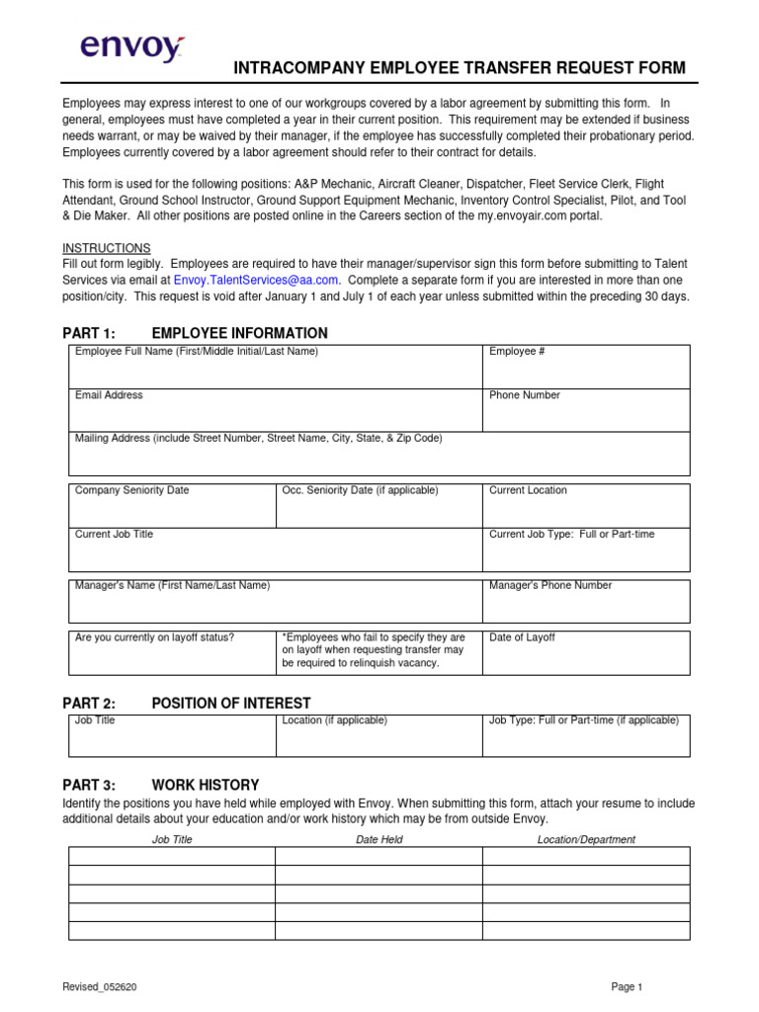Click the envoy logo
pyautogui.click(x=131, y=47)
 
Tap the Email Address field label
pyautogui.click(x=109, y=395)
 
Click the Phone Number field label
pyautogui.click(x=525, y=395)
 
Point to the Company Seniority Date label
pyautogui.click(x=132, y=490)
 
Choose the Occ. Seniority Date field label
pyautogui.click(x=360, y=490)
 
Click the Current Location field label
pyautogui.click(x=529, y=490)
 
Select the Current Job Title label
pyautogui.click(x=115, y=534)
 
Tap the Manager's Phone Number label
pyautogui.click(x=550, y=585)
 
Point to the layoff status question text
pyautogui.click(x=155, y=637)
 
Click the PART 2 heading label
pyautogui.click(x=89, y=704)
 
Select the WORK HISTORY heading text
pyautogui.click(x=206, y=785)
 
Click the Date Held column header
pyautogui.click(x=379, y=840)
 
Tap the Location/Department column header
pyautogui.click(x=586, y=840)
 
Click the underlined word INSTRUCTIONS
pyautogui.click(x=107, y=248)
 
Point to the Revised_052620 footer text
pyautogui.click(x=99, y=986)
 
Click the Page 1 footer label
pyautogui.click(x=627, y=986)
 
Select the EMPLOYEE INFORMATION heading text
pyautogui.click(x=240, y=333)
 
